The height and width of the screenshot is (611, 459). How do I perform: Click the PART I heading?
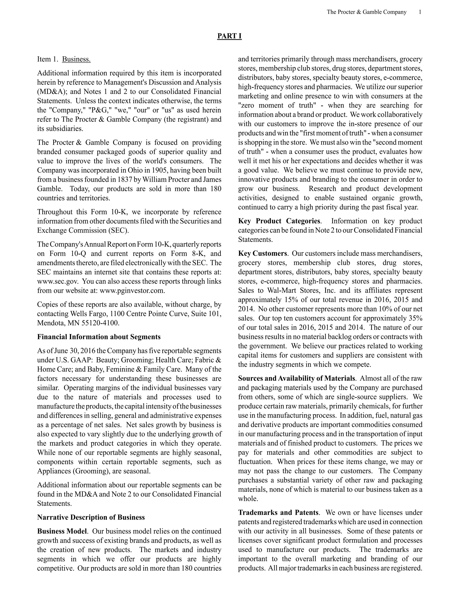coord(229,36)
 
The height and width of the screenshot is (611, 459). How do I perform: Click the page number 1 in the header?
coord(420,12)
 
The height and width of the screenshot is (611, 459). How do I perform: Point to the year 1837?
coord(125,179)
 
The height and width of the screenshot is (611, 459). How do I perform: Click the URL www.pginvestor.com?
coord(132,291)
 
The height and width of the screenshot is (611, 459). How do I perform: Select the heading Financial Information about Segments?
coord(99,337)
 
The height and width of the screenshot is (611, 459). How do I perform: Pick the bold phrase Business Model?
coord(62,531)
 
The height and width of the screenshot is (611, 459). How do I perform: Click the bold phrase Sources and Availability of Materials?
coord(296,378)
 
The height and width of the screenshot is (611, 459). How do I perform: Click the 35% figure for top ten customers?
coord(415,318)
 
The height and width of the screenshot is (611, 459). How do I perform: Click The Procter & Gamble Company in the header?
coord(366,12)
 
